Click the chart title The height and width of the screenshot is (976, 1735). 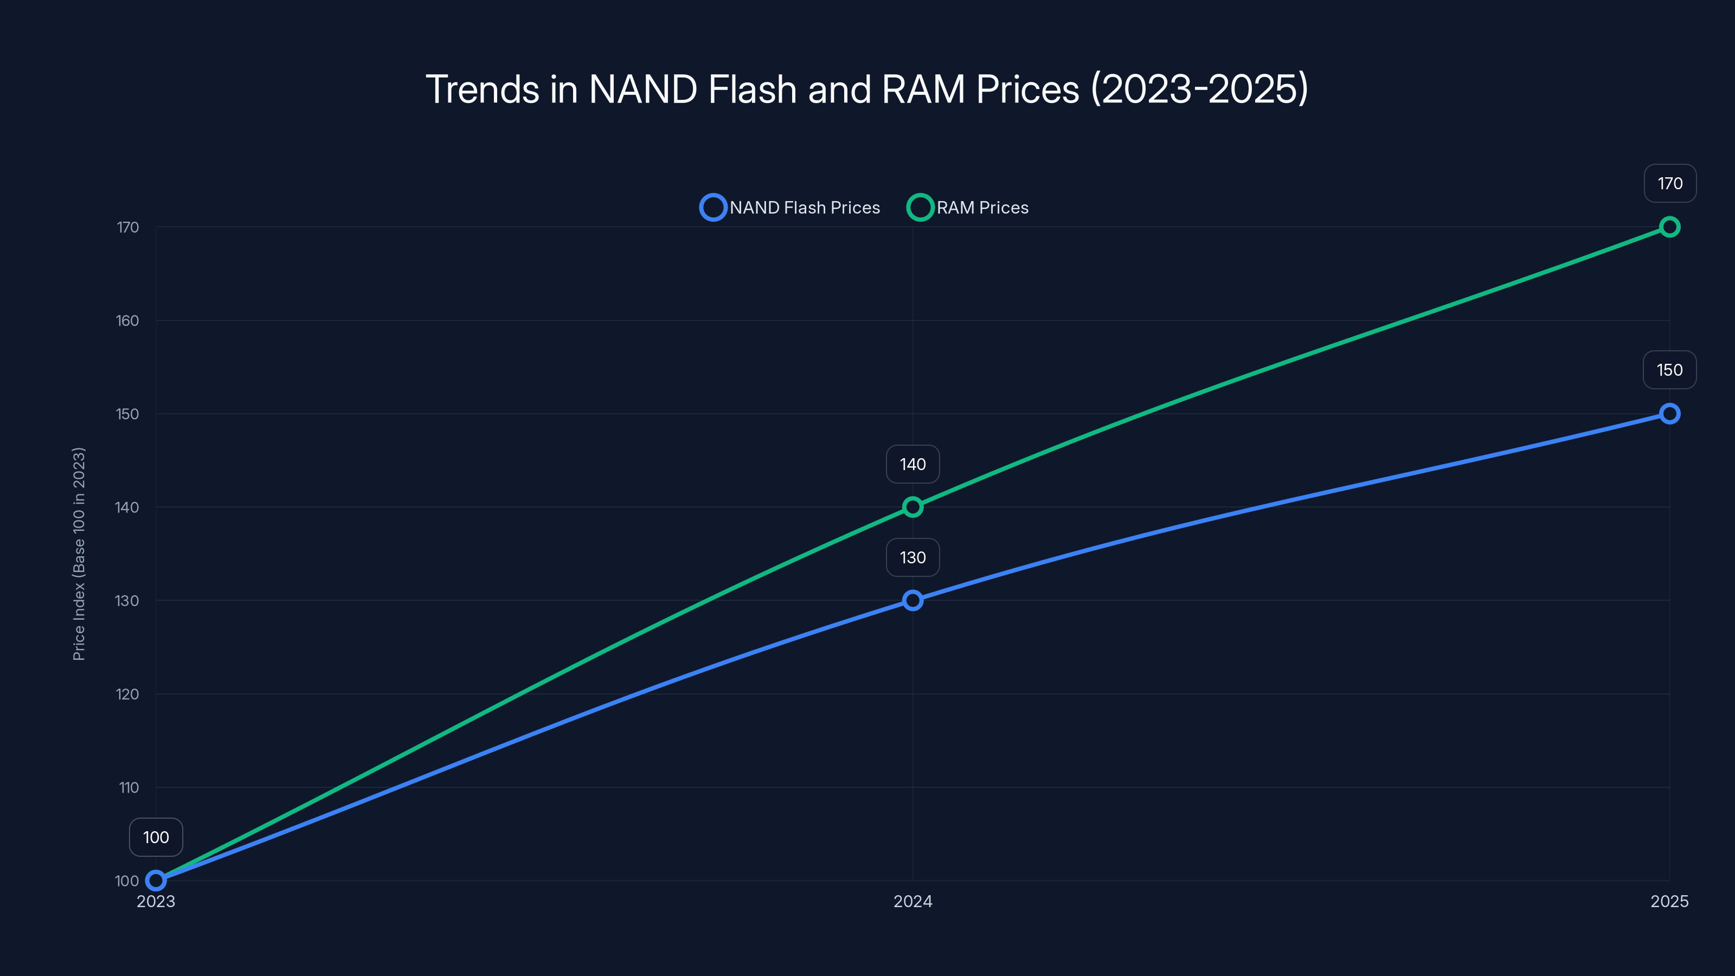pyautogui.click(x=867, y=89)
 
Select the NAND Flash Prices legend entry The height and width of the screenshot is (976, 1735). pyautogui.click(x=791, y=208)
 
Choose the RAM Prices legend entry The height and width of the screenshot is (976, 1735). pyautogui.click(x=968, y=208)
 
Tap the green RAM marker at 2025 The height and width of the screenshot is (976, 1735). pyautogui.click(x=1669, y=227)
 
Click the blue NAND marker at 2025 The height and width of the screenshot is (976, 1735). pyautogui.click(x=1669, y=414)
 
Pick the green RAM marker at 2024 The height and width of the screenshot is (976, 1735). pyautogui.click(x=913, y=506)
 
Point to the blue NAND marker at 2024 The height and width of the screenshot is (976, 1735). pyautogui.click(x=913, y=600)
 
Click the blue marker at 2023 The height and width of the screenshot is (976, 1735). pyautogui.click(x=156, y=881)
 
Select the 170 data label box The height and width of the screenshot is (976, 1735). pyautogui.click(x=1670, y=183)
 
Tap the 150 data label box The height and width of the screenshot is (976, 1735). pyautogui.click(x=1669, y=370)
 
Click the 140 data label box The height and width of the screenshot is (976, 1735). pyautogui.click(x=913, y=464)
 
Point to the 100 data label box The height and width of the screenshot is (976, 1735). pyautogui.click(x=156, y=837)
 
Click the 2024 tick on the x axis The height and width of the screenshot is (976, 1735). pyautogui.click(x=913, y=901)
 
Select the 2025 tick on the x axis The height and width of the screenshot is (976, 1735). pyautogui.click(x=1669, y=901)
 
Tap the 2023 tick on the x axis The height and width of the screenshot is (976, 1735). pyautogui.click(x=156, y=901)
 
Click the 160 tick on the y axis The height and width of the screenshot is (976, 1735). pyautogui.click(x=127, y=320)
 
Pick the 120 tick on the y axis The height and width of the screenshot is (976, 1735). pyautogui.click(x=127, y=694)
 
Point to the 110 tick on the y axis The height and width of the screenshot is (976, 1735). pyautogui.click(x=128, y=787)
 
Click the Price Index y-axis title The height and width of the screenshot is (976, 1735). pyautogui.click(x=79, y=554)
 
